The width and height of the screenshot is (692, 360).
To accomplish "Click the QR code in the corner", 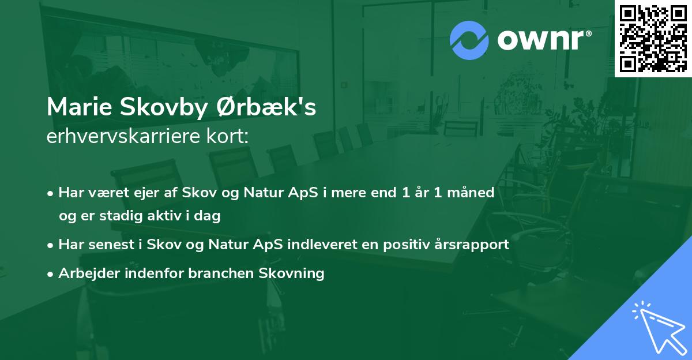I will [653, 38].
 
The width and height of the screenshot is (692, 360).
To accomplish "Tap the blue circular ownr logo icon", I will [469, 40].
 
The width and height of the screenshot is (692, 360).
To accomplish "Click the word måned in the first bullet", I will [474, 193].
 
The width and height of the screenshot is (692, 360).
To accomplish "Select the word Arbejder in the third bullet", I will [84, 273].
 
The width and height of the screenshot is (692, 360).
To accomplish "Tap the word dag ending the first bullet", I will [210, 217].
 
